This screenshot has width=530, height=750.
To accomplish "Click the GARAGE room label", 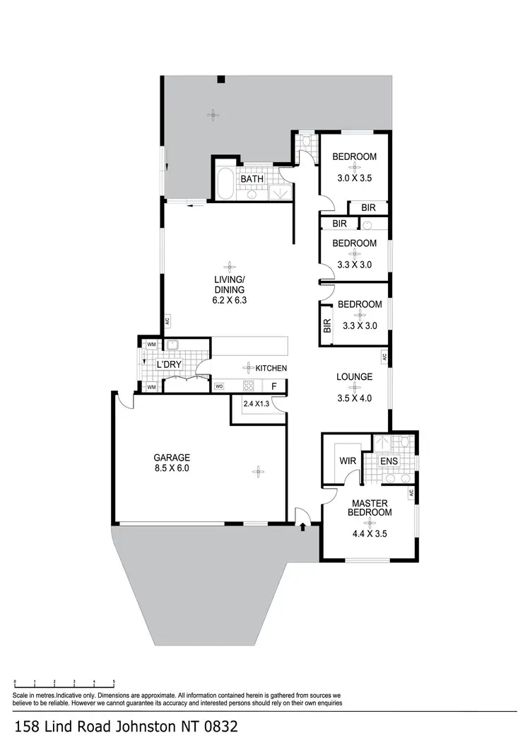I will click(x=172, y=457).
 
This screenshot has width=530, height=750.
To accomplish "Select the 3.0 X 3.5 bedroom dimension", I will click(x=354, y=178).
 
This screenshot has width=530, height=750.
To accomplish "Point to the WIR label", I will click(x=348, y=461).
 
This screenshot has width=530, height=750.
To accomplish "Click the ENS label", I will click(x=389, y=461).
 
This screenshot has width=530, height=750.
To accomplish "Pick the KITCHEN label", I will click(x=271, y=368).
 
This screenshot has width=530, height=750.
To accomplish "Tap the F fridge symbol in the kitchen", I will click(x=274, y=387).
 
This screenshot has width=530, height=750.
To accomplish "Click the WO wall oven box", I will click(x=219, y=387).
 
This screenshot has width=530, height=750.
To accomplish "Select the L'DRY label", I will click(x=170, y=364).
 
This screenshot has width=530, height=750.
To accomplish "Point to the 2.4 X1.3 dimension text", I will click(x=256, y=404).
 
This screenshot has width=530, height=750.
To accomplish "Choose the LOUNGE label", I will click(x=354, y=377).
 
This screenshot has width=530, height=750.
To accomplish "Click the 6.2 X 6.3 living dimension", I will click(x=229, y=300).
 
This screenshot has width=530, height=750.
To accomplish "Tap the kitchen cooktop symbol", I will click(x=249, y=386).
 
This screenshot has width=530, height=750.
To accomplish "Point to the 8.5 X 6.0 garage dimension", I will click(x=172, y=468).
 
